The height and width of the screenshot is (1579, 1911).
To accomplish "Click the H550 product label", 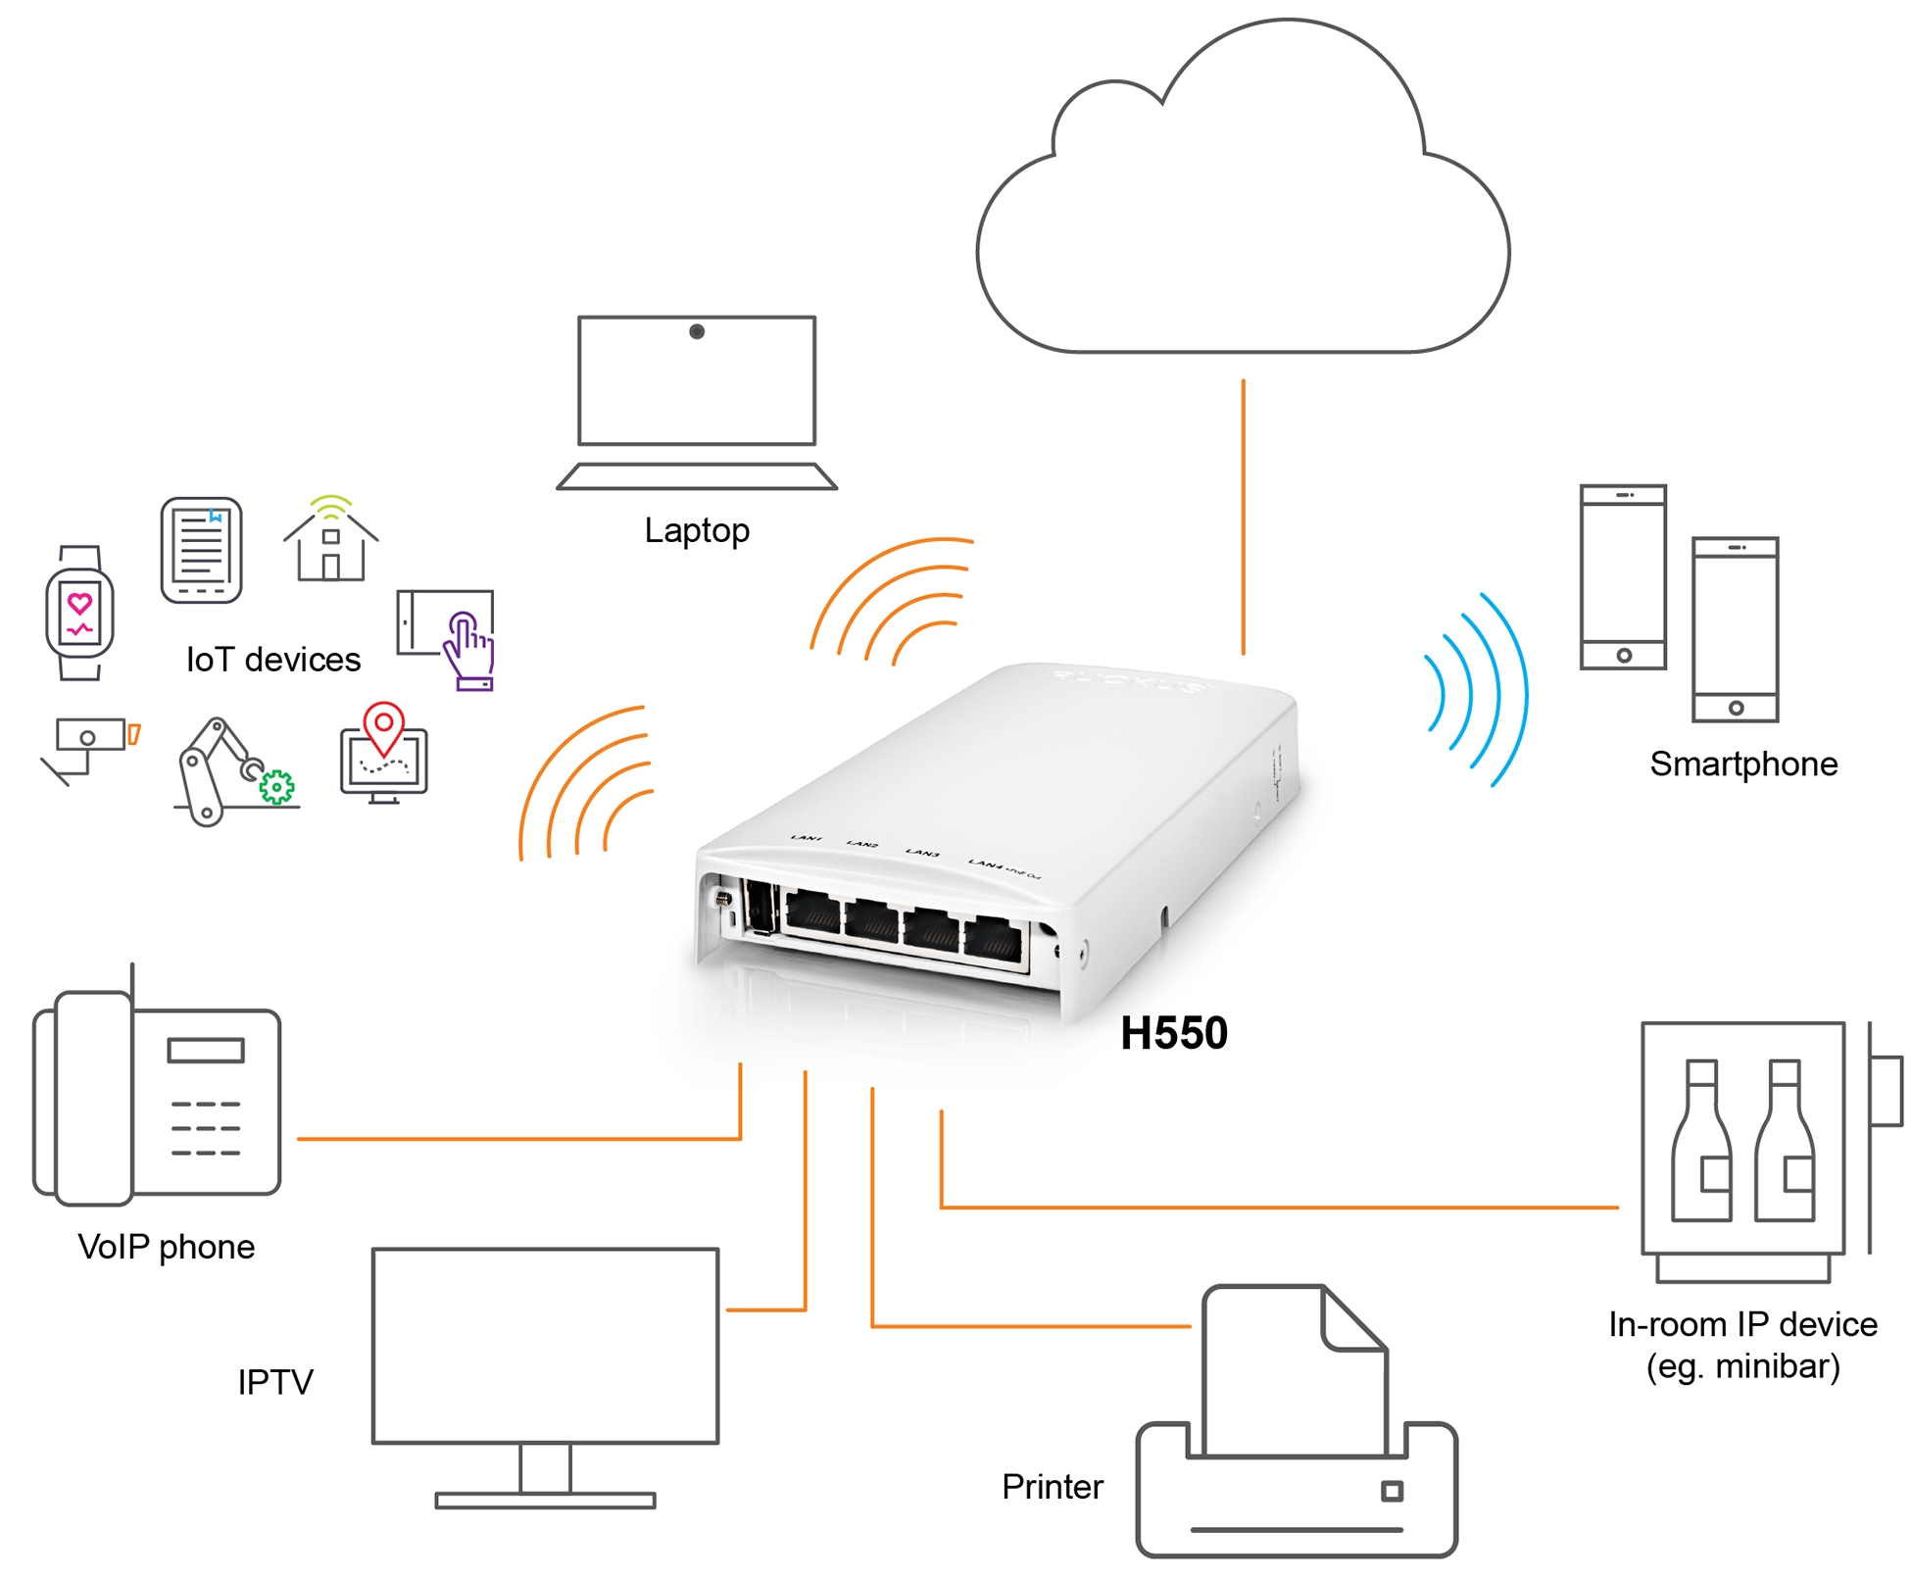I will pyautogui.click(x=1173, y=1033).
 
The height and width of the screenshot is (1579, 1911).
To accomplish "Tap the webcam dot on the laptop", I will pyautogui.click(x=697, y=331).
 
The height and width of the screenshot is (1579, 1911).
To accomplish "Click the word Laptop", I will pyautogui.click(x=697, y=530).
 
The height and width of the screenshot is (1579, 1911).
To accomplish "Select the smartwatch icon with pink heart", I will pyautogui.click(x=79, y=614).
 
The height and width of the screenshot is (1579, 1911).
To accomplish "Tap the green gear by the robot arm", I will pyautogui.click(x=277, y=786).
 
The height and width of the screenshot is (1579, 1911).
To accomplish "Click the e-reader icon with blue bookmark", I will pyautogui.click(x=201, y=550).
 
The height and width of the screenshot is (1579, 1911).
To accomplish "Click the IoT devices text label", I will pyautogui.click(x=273, y=660).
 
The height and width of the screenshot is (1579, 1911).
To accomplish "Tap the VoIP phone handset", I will pyautogui.click(x=94, y=1099).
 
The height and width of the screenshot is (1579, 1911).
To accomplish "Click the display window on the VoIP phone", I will pyautogui.click(x=206, y=1051).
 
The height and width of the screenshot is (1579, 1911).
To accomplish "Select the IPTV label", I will pyautogui.click(x=275, y=1382).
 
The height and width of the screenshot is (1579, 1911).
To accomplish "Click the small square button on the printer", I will pyautogui.click(x=1392, y=1491).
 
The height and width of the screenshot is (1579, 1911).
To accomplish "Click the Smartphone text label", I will pyautogui.click(x=1742, y=764).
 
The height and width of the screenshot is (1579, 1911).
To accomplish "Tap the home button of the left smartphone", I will pyautogui.click(x=1624, y=655).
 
